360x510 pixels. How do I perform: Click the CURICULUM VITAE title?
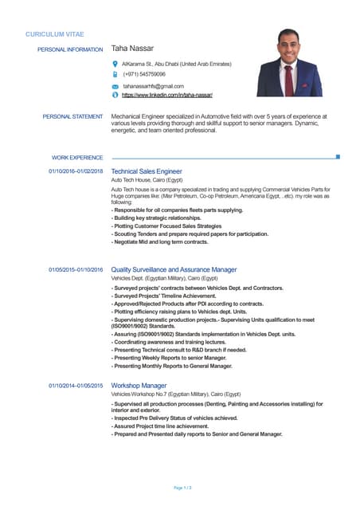tap(54, 35)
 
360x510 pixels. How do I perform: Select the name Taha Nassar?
tap(132, 49)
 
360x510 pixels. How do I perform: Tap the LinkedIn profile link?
tap(166, 95)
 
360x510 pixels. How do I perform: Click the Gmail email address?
tap(152, 85)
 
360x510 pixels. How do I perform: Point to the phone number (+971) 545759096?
tap(144, 73)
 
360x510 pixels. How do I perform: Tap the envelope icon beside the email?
tap(115, 85)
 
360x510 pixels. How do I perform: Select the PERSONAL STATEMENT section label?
tap(72, 116)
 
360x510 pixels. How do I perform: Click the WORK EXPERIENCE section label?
tap(77, 158)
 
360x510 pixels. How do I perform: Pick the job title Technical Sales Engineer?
tap(147, 171)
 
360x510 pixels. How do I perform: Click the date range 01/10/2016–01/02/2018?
tap(76, 171)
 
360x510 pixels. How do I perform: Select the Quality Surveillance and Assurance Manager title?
tap(174, 270)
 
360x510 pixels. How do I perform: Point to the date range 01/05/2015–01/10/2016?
tap(76, 270)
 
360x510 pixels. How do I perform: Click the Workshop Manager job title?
tap(139, 386)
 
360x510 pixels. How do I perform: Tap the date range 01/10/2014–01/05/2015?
tap(76, 386)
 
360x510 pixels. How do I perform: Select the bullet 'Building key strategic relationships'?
tap(156, 218)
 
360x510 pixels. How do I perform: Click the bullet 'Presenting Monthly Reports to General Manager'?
tap(172, 366)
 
